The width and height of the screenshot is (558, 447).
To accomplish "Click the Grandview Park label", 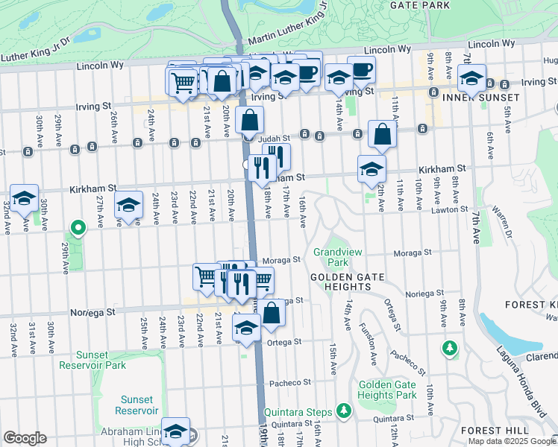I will point(330,257).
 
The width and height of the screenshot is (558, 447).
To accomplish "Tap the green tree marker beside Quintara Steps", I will point(343,410).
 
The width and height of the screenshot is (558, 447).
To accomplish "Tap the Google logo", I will point(25,437).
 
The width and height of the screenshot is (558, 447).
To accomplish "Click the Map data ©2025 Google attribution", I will point(512,441).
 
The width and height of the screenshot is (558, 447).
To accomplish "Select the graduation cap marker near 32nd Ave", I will point(24,199).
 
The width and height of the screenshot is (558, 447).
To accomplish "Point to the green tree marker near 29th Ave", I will point(78,227).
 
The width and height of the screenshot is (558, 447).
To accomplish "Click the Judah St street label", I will point(272,139).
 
